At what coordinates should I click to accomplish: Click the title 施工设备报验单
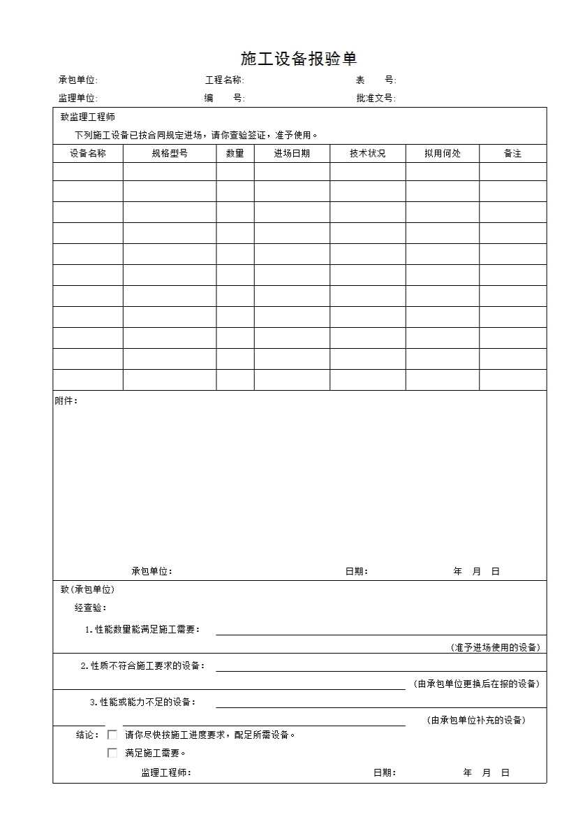[299, 59]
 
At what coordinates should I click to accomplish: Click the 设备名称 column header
[88, 154]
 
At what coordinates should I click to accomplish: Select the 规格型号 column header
[170, 154]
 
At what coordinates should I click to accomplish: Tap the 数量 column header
[235, 154]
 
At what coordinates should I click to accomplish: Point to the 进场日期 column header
[292, 154]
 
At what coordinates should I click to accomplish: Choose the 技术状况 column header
[368, 154]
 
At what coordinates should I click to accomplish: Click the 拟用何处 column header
[443, 154]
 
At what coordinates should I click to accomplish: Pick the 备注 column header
[513, 154]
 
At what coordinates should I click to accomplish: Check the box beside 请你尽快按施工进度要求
[112, 735]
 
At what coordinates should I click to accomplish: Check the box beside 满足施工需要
[112, 753]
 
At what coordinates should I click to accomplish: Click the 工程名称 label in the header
[224, 80]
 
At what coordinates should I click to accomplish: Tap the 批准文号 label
[376, 99]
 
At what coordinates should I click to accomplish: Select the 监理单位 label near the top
[77, 99]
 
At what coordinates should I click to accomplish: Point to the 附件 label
[66, 401]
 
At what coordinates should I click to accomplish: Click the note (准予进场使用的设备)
[495, 647]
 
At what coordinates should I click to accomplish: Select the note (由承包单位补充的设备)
[476, 720]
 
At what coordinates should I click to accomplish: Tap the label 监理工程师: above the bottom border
[166, 772]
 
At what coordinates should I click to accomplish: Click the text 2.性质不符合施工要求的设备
[142, 665]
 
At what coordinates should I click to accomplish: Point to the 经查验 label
[91, 608]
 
